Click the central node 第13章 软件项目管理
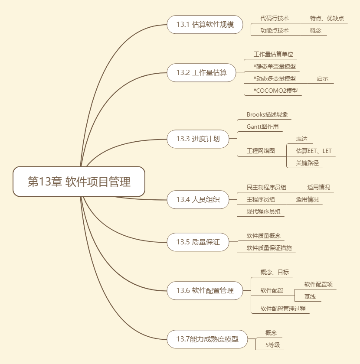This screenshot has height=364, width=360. (x=79, y=182)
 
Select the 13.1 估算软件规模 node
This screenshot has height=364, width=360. (x=205, y=25)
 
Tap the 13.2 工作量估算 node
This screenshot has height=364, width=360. (x=201, y=72)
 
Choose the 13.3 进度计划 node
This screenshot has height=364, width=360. (x=198, y=139)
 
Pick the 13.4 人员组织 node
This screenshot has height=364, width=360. (x=198, y=200)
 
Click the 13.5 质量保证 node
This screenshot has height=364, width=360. (x=198, y=242)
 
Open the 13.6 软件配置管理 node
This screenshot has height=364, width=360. (x=205, y=290)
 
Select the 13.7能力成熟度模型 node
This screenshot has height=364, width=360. (x=207, y=339)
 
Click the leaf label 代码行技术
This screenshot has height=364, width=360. (x=275, y=18)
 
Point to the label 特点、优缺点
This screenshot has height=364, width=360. (x=327, y=18)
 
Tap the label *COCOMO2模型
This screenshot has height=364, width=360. (x=276, y=91)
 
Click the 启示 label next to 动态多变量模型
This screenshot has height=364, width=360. (x=322, y=78)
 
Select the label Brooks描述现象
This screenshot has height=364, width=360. (x=267, y=115)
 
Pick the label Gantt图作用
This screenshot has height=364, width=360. (x=263, y=127)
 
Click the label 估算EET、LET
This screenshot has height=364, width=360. (x=314, y=151)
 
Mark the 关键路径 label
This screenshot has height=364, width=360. (x=307, y=163)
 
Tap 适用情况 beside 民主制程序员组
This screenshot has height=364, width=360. (x=318, y=187)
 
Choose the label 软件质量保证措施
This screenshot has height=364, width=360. (x=269, y=248)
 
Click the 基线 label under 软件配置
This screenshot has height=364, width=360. (x=310, y=296)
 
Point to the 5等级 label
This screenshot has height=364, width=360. (x=273, y=345)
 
